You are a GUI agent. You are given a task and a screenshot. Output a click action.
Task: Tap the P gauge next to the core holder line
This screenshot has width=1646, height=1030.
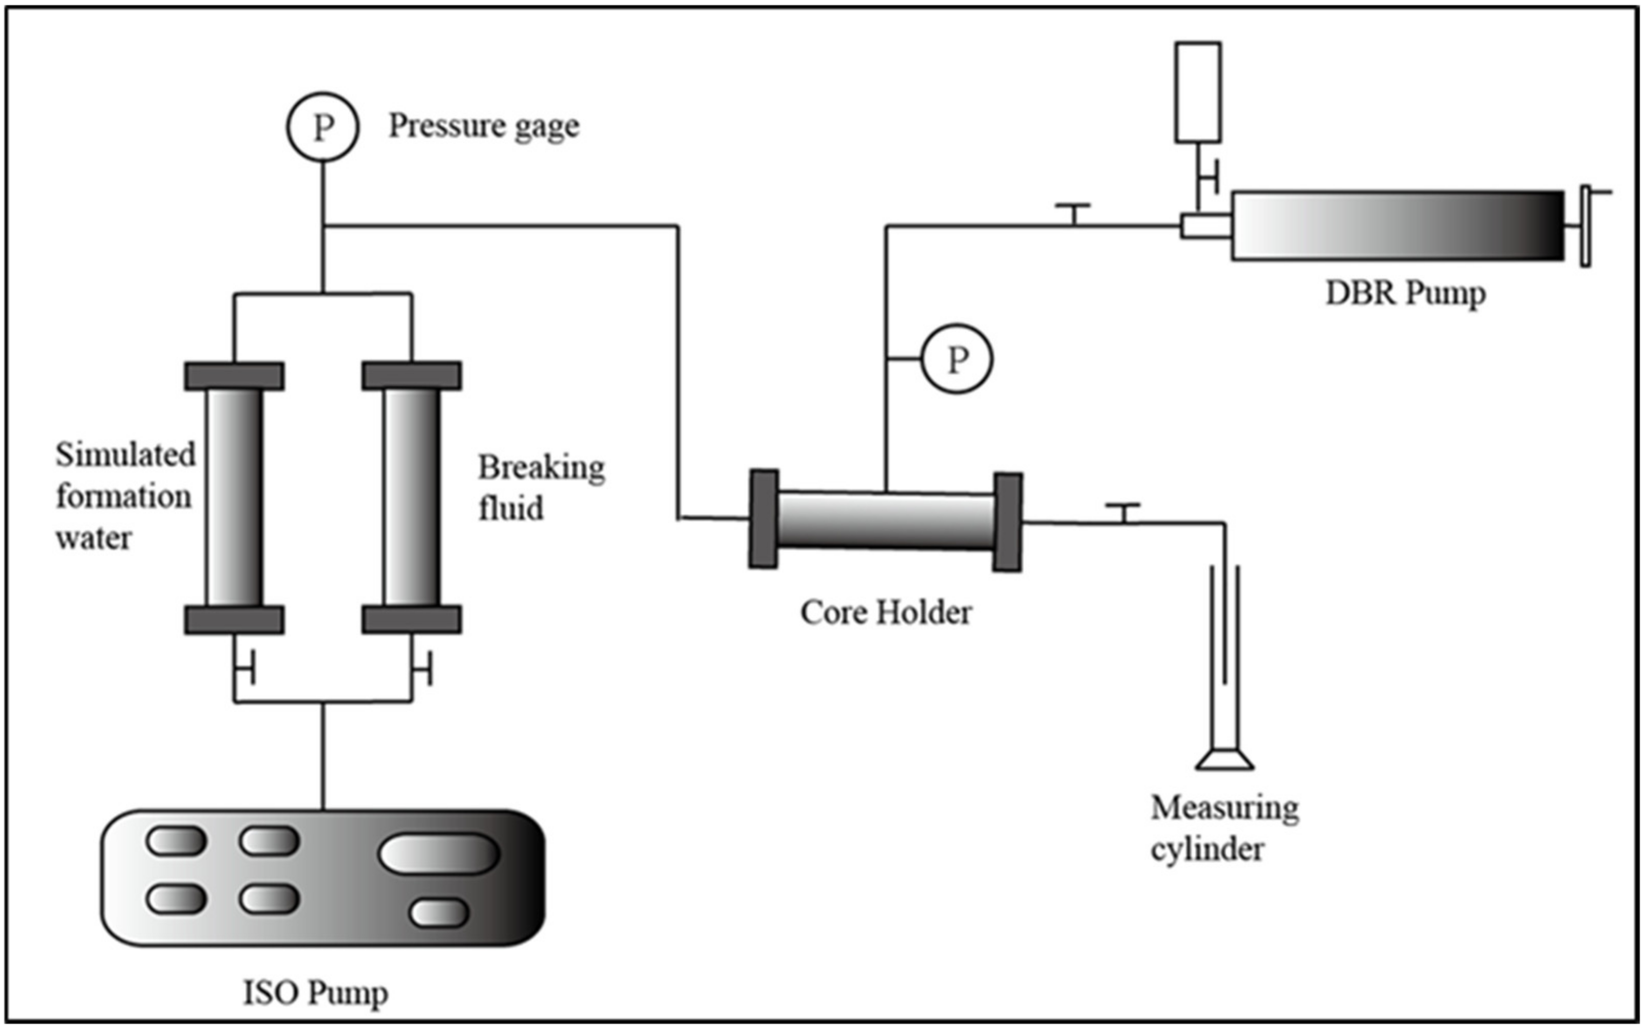click(x=957, y=359)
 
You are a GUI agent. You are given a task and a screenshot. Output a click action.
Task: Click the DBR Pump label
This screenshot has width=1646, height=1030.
click(x=1405, y=294)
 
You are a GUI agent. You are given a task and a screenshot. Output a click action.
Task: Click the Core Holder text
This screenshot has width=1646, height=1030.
click(x=885, y=613)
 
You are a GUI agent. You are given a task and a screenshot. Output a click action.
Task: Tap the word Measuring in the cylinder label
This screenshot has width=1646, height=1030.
click(x=1224, y=809)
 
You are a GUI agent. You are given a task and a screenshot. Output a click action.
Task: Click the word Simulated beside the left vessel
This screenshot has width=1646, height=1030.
click(x=125, y=454)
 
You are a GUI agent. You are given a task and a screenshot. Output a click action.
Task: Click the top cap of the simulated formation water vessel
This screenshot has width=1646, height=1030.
click(x=234, y=376)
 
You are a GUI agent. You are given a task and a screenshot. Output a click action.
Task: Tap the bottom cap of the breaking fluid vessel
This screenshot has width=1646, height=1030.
click(x=411, y=619)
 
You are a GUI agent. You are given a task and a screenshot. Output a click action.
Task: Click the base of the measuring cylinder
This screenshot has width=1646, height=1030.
click(x=1224, y=759)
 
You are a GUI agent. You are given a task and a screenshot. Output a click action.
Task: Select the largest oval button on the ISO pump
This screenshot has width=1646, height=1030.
click(x=439, y=853)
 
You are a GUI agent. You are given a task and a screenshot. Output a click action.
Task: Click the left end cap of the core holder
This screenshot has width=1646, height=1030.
click(x=763, y=519)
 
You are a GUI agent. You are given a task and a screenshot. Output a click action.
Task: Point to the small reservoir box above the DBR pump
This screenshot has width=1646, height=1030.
click(x=1197, y=92)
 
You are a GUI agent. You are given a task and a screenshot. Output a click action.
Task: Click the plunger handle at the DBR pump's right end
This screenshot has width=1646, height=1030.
click(x=1585, y=226)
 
